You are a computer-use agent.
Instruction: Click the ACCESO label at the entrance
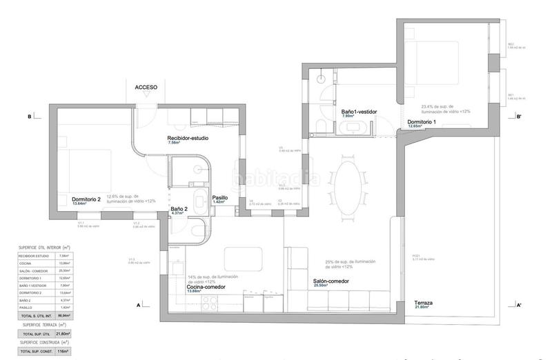146,88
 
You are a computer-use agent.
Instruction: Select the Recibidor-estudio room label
188,138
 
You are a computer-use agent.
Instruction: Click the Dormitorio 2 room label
86,199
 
